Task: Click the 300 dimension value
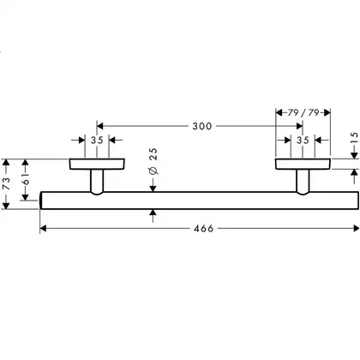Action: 202,126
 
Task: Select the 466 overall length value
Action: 204,229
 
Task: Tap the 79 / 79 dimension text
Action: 303,112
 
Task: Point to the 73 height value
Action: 6,183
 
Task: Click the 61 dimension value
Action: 26,179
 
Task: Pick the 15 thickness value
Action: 354,138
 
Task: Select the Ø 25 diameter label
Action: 153,161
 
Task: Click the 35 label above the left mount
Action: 97,141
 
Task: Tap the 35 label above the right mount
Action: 303,140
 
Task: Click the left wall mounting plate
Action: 97,164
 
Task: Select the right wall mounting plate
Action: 303,164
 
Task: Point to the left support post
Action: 97,182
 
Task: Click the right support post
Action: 303,182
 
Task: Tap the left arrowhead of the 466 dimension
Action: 43,229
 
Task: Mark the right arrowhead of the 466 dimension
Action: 356,228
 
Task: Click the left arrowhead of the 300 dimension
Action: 99,126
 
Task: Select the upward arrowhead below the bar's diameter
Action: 153,213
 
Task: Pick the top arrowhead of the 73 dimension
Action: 6,162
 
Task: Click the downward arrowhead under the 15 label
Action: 354,155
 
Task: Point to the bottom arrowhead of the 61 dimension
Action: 26,197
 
